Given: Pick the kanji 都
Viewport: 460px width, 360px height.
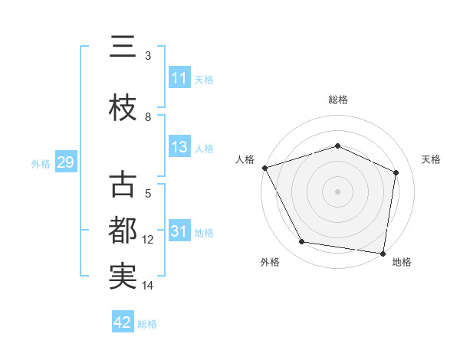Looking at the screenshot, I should tap(123, 231).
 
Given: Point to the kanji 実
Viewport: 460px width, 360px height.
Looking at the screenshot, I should tap(123, 277).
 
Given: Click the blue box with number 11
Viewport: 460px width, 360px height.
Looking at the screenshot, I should tap(179, 78).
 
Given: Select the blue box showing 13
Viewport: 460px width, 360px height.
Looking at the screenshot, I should tap(179, 148).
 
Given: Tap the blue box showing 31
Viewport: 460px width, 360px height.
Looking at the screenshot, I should tap(179, 232).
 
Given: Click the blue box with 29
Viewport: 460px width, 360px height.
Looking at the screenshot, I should tap(65, 163).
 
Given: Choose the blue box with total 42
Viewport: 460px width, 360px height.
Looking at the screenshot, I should tap(123, 322).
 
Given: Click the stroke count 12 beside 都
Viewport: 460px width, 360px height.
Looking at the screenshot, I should tap(148, 240).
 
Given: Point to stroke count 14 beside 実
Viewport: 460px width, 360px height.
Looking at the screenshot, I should tap(148, 286).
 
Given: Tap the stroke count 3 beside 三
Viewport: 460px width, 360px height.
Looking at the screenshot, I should tap(148, 56).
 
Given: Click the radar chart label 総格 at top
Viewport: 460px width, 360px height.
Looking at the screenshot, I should tap(337, 100).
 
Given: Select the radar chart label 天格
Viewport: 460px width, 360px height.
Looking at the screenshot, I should tap(431, 159).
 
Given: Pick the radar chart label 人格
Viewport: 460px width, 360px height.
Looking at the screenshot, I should tap(245, 159).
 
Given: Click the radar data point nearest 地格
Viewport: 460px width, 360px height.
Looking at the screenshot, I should tap(383, 253).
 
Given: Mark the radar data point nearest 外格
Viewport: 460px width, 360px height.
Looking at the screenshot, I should tap(302, 242).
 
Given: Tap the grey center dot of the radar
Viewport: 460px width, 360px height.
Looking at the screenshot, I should tap(337, 191).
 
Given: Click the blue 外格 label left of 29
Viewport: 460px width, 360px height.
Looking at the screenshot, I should tap(41, 164).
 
